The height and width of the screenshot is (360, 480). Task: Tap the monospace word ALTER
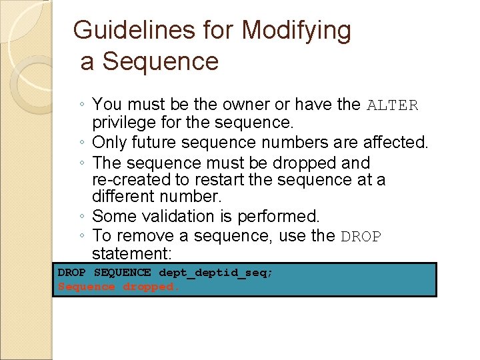(393, 105)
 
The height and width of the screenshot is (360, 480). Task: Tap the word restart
(221, 180)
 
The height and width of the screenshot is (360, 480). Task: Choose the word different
(125, 197)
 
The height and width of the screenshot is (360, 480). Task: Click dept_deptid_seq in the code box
(216, 272)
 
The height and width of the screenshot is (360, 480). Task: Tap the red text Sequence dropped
(119, 287)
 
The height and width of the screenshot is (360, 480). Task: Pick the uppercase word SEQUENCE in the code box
(122, 272)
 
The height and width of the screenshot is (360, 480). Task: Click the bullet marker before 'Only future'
(80, 143)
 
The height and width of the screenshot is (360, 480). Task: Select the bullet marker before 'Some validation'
(80, 217)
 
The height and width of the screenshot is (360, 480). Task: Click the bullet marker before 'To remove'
(80, 236)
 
